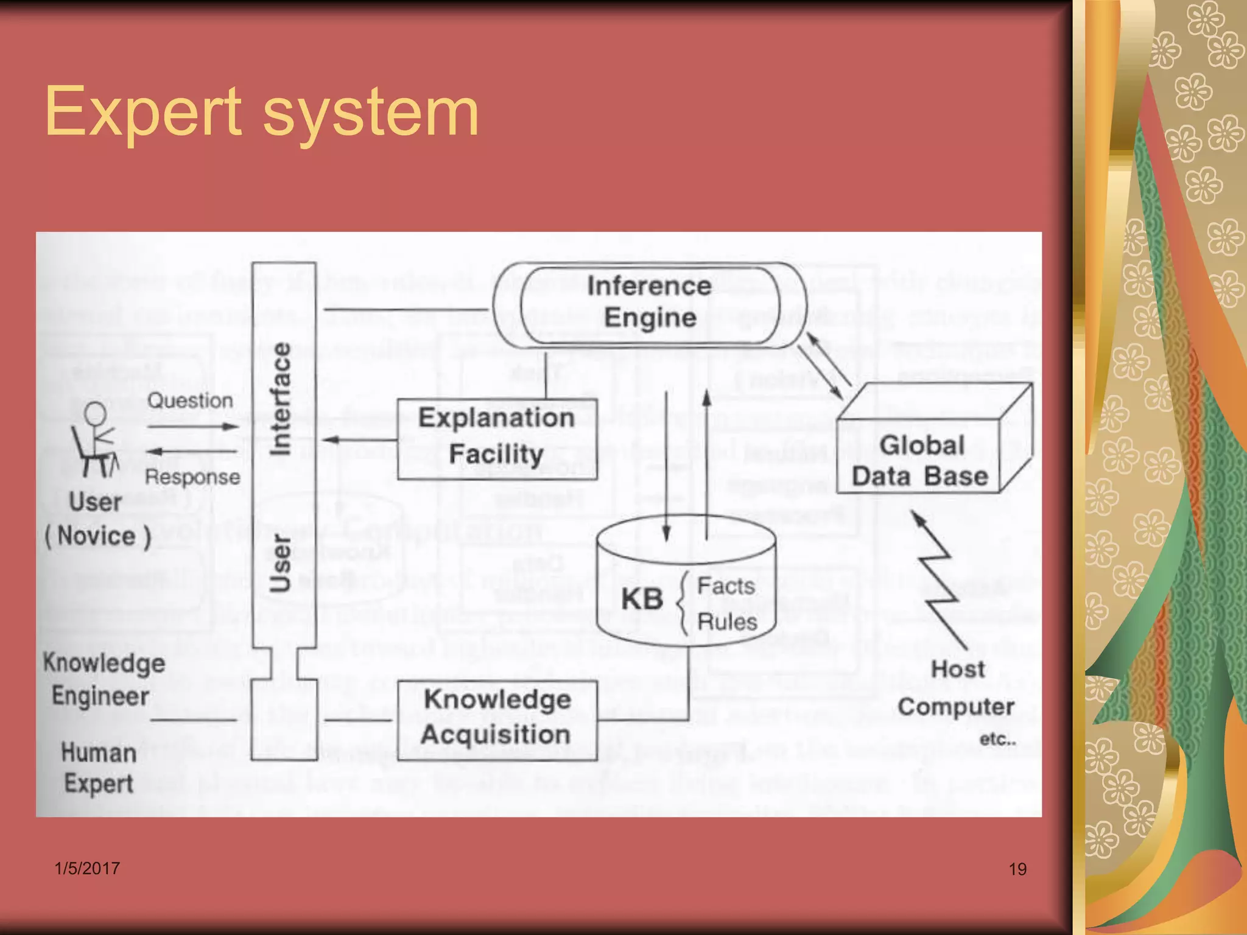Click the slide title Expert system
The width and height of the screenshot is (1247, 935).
coord(262,113)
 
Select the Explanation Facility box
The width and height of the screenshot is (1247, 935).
coord(496,437)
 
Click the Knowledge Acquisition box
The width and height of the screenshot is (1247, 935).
coord(496,718)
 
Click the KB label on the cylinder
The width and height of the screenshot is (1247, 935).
coord(642,599)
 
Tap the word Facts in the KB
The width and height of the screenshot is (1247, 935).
coord(726,586)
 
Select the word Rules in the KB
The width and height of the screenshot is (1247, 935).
coord(727,622)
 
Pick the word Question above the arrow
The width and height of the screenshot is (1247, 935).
coord(190,401)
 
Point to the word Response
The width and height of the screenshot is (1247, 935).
coord(192,477)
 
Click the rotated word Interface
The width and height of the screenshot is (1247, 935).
coord(281,399)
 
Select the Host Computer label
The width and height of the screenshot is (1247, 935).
coord(957,688)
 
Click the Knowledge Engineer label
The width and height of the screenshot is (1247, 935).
coord(104,679)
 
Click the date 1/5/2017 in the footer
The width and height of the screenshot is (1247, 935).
coord(87,869)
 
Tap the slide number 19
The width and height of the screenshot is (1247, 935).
coord(1017,869)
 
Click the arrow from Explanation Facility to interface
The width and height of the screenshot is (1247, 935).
coord(359,439)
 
